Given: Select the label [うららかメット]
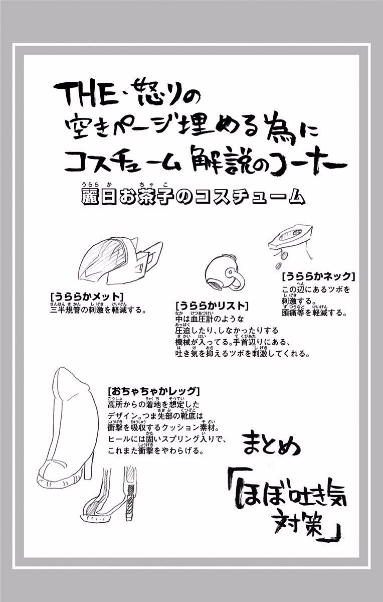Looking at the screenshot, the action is point(87,296).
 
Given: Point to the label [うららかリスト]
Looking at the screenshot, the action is point(212,306).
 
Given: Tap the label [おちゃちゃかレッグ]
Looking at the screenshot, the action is point(153,391).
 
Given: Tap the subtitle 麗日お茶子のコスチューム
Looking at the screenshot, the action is point(194,197).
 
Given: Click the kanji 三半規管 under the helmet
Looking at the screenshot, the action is point(65,311).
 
